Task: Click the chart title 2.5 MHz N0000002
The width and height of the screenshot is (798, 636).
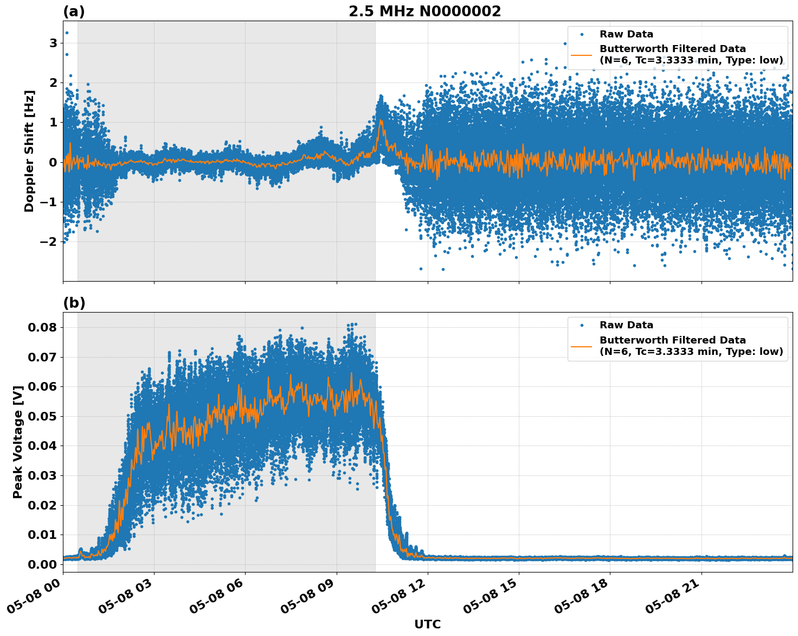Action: coord(424,11)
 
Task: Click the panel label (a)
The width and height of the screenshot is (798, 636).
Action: coord(74,11)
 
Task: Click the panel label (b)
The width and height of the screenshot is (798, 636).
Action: coord(74,303)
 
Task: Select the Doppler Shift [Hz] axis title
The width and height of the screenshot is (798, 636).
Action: coord(29,151)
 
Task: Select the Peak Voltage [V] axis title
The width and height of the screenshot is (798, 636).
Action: coord(18,442)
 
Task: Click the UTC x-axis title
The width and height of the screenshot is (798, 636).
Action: coord(427,624)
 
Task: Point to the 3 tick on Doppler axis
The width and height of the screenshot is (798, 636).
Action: coord(53,43)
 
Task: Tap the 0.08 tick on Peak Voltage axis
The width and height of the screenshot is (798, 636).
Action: coord(42,327)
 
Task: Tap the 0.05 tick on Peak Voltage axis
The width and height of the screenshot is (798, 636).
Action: coord(42,416)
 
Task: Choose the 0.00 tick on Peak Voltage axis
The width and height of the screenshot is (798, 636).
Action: coord(42,564)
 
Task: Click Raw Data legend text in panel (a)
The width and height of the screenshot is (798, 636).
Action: coord(626,34)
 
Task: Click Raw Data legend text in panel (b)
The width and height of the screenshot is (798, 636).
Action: coord(626,325)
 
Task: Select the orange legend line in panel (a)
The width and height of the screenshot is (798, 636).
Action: coord(581,55)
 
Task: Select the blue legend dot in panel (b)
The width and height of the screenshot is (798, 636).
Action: coord(582,326)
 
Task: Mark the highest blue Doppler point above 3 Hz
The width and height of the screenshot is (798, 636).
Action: coord(67,33)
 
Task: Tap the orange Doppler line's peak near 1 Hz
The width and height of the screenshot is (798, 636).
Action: coord(381,120)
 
